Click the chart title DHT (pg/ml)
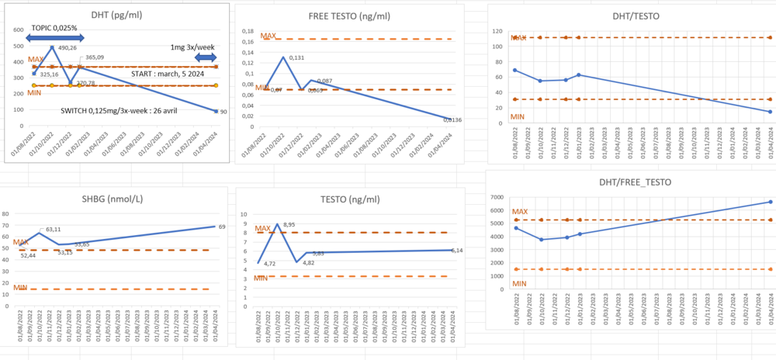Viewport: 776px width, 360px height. click(x=115, y=15)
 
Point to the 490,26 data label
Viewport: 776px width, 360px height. click(x=68, y=47)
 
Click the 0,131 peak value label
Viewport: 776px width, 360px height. click(x=296, y=57)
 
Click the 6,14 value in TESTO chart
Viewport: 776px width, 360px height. click(x=452, y=250)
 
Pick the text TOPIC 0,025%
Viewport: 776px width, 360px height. click(x=54, y=27)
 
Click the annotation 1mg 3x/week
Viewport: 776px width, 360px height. click(x=193, y=47)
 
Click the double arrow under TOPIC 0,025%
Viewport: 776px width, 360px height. click(x=54, y=38)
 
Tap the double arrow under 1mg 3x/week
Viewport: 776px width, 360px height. click(x=205, y=57)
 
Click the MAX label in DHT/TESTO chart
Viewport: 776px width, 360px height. click(x=518, y=37)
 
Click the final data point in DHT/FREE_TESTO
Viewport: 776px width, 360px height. click(x=770, y=202)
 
